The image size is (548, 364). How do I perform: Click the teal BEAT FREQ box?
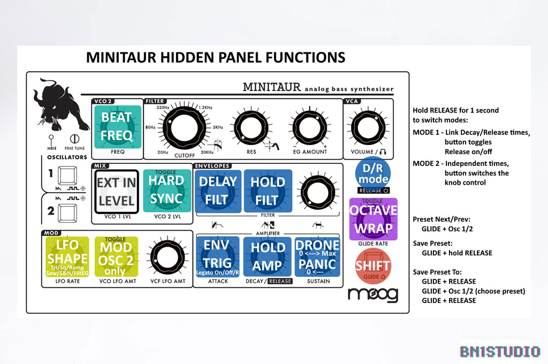coord(117,126)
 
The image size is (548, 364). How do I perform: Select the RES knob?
coord(250,129)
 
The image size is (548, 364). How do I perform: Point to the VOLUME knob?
coord(367,127)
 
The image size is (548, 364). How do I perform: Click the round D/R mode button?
coord(373,173)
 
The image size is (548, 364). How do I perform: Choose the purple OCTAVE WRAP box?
coord(373,218)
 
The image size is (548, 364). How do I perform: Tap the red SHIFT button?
coord(373,266)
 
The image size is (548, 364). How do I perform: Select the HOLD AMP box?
coord(268,256)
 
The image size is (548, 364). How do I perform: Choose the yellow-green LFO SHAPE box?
coord(67,256)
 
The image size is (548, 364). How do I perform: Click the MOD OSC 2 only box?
coord(116,256)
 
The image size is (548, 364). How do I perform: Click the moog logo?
coord(373,294)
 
